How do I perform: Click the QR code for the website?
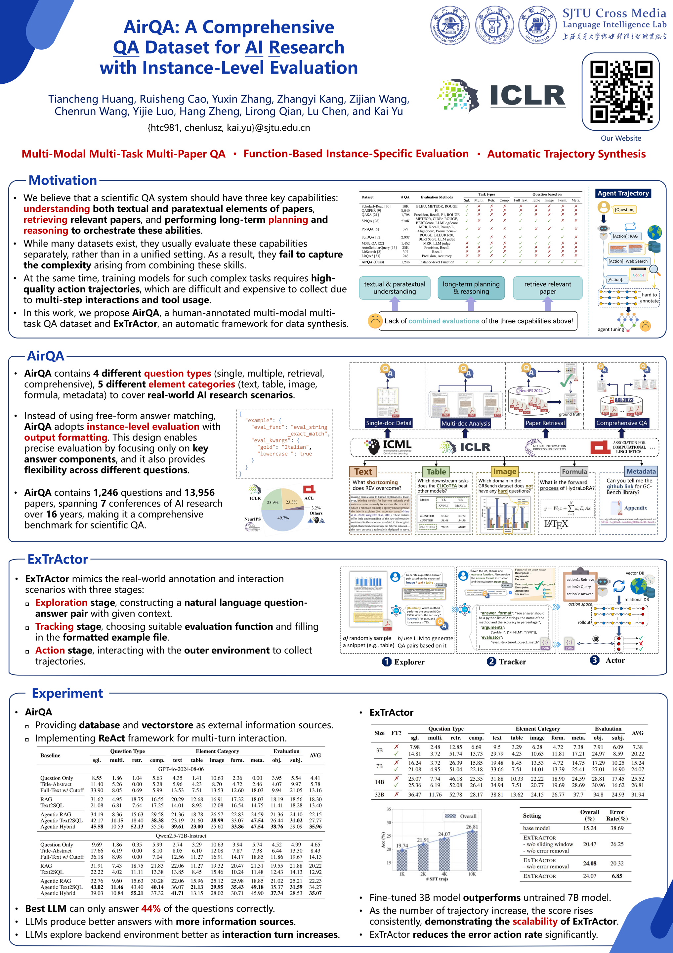coord(620,91)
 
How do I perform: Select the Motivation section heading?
coord(63,181)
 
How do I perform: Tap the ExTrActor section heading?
coord(58,560)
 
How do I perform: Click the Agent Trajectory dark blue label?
coord(623,194)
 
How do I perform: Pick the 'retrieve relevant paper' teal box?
coord(547,288)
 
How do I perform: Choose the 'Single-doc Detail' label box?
coord(388,423)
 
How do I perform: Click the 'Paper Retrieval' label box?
coord(545,423)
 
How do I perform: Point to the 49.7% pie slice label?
coord(283,518)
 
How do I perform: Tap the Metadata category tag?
coord(641,472)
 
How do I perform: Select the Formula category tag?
coord(574,472)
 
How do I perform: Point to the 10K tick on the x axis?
coord(472,874)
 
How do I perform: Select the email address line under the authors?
coord(229,128)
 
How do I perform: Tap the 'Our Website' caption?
coord(621,138)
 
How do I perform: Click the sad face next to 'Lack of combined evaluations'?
coord(375,321)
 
